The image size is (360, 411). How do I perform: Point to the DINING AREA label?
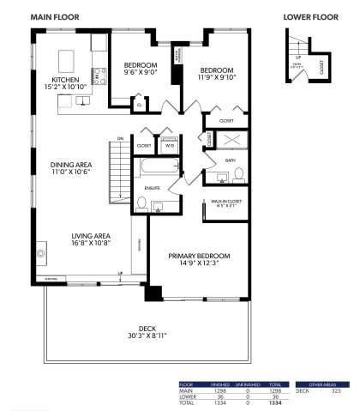tap(71, 169)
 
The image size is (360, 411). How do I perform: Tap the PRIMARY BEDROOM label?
tap(201, 259)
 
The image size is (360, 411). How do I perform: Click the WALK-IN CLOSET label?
tap(225, 203)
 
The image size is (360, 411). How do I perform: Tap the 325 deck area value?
tap(335, 391)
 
